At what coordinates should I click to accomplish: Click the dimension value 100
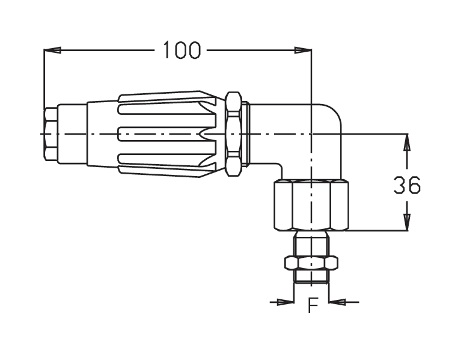(x=182, y=50)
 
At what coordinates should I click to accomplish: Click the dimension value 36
(x=407, y=185)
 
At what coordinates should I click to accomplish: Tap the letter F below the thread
(x=313, y=305)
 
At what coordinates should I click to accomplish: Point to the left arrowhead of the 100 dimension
(x=52, y=50)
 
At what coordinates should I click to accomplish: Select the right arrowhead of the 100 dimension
(x=303, y=50)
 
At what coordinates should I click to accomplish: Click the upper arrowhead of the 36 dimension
(x=407, y=142)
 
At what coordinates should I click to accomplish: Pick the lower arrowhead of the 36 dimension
(x=407, y=222)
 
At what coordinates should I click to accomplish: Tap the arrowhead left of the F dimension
(x=286, y=302)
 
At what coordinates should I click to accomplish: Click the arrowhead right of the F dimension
(x=337, y=302)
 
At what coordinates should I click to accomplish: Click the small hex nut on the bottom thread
(x=311, y=263)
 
